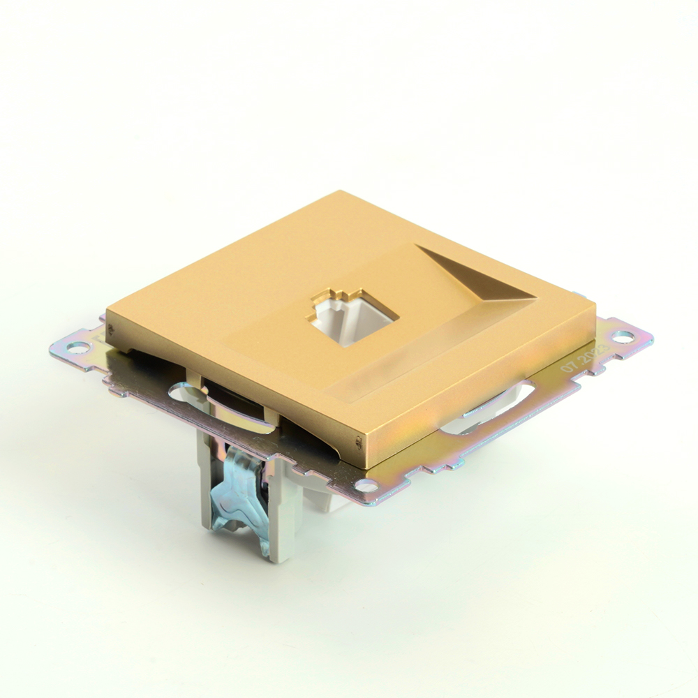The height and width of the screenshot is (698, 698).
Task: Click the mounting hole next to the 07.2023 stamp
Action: point(623,337)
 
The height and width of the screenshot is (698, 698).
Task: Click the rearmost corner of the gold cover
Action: point(340,192)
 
